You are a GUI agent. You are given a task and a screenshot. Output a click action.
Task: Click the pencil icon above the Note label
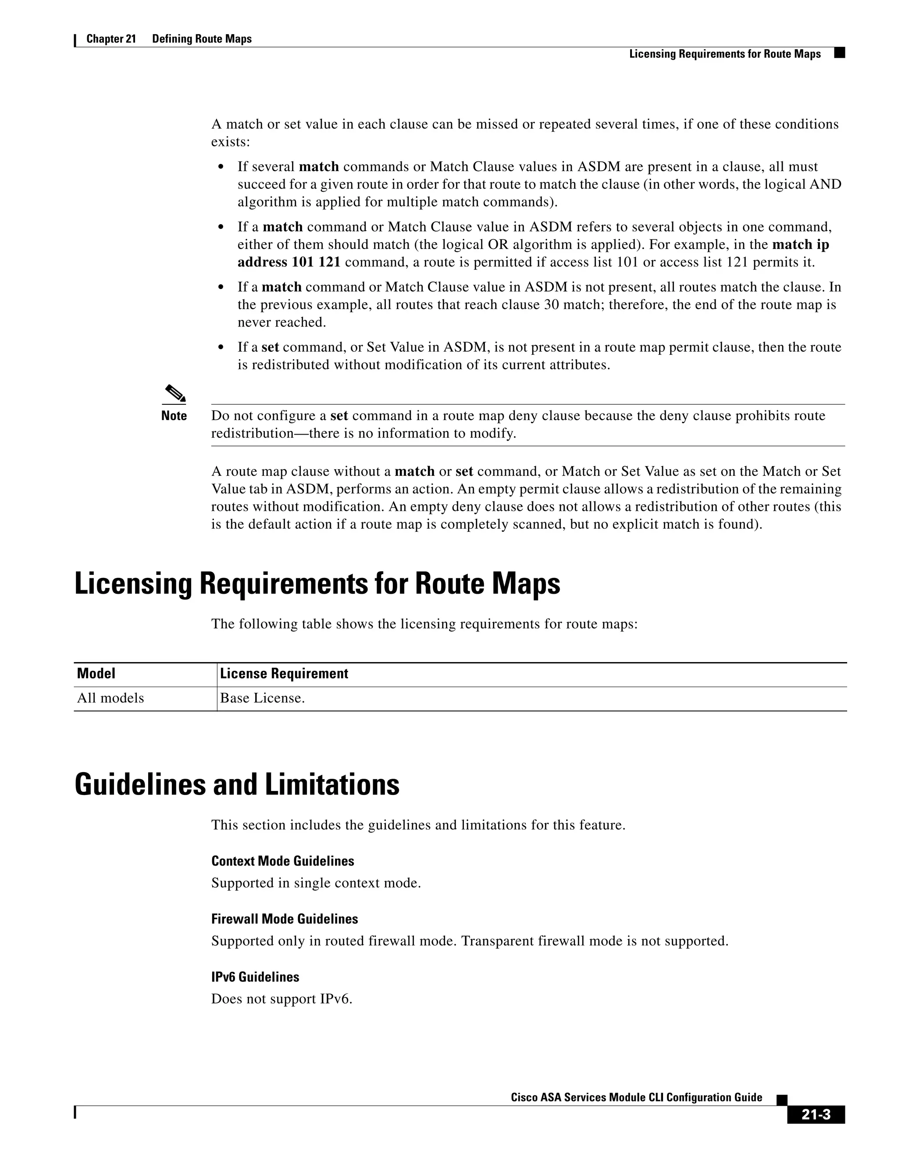click(x=174, y=394)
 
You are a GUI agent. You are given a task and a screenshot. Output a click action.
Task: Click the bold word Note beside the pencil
click(x=174, y=416)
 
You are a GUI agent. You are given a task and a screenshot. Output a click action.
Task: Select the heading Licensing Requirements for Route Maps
click(x=317, y=584)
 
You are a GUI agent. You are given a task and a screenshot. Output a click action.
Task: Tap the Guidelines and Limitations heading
click(x=237, y=785)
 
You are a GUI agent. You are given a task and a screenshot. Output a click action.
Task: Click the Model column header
click(x=96, y=674)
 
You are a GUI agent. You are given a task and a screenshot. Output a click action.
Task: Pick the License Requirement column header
click(x=284, y=674)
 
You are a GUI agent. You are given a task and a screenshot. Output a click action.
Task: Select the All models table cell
click(x=110, y=698)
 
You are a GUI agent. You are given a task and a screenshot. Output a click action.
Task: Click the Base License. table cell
click(x=262, y=698)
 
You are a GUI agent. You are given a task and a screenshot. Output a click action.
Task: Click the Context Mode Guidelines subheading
click(x=282, y=861)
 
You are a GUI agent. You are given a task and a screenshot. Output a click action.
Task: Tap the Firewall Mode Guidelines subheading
click(x=285, y=919)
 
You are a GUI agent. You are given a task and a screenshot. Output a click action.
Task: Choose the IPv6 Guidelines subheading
click(x=255, y=977)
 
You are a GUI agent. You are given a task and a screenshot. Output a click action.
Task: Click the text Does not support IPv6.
click(x=282, y=998)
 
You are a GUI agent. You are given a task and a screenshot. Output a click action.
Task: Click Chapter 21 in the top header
click(x=111, y=39)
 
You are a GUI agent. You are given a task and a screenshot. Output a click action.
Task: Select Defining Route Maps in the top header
click(x=202, y=39)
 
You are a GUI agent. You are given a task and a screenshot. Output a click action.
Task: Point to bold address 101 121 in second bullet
click(x=289, y=262)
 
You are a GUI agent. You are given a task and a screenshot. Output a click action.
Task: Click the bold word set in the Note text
click(x=339, y=416)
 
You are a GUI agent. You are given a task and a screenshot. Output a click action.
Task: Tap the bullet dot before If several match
click(x=221, y=167)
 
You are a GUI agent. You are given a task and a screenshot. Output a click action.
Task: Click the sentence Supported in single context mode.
click(x=316, y=883)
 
